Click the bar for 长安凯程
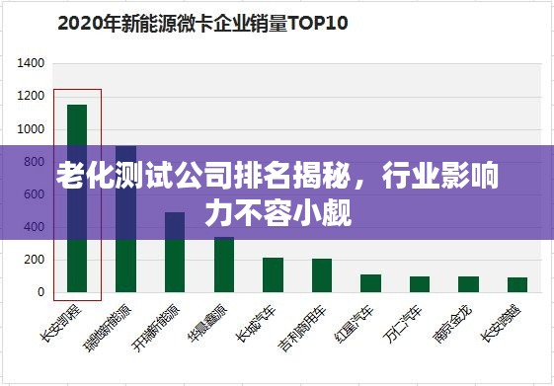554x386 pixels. pos(77,197)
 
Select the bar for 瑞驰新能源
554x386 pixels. pos(125,218)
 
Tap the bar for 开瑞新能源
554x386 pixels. pos(175,252)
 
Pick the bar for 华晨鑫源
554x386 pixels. pos(224,264)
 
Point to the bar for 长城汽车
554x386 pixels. pos(273,274)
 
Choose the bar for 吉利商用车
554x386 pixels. pos(322,275)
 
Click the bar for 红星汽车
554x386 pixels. pos(370,283)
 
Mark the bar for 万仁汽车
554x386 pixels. pos(420,284)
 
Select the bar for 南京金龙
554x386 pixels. pos(468,284)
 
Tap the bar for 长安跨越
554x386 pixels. pos(517,284)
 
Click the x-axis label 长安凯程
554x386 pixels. pos(69,322)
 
